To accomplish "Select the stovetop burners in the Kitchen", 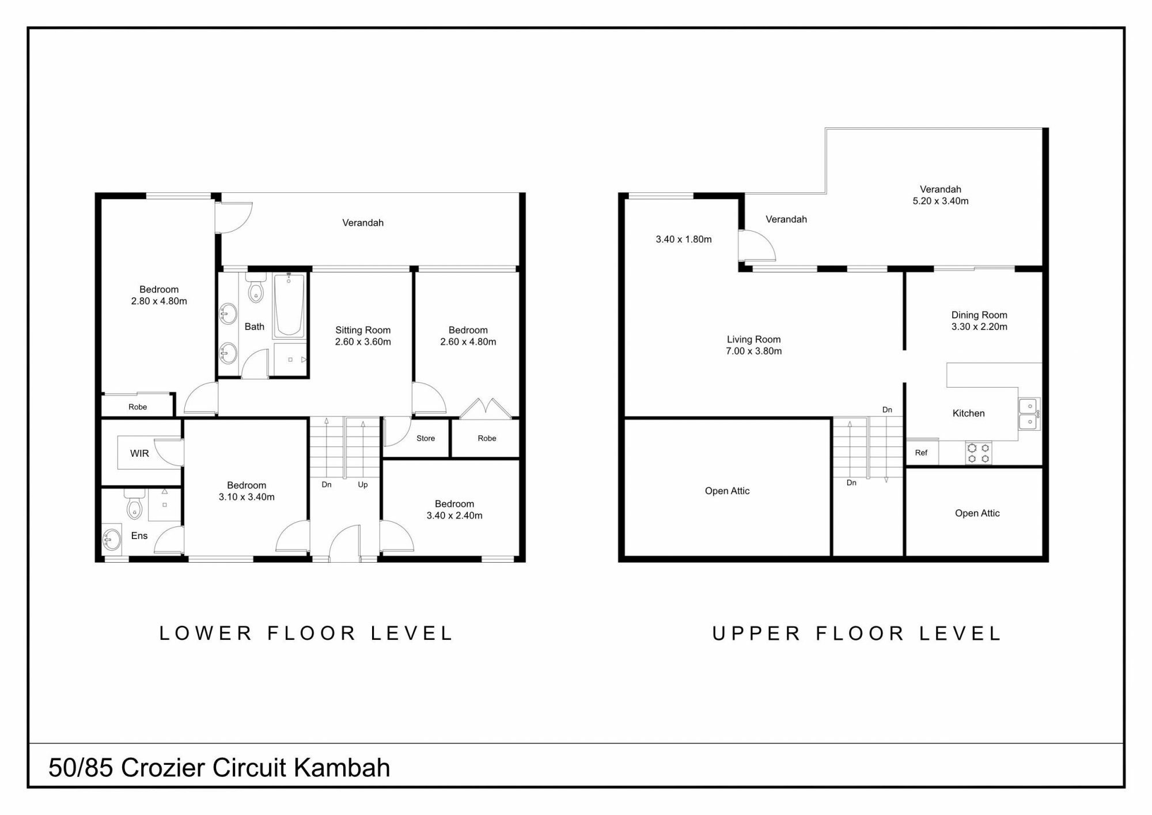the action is (x=979, y=453).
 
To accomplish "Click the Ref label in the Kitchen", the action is (x=921, y=453).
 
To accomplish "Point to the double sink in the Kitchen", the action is (x=1029, y=414).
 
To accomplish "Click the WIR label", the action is (x=139, y=453).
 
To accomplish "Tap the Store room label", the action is (x=426, y=438).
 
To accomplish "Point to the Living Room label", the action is (x=753, y=339).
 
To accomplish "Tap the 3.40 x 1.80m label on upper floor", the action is (x=684, y=239).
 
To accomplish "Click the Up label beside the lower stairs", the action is (x=363, y=484).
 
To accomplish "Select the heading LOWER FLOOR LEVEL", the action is (x=306, y=633).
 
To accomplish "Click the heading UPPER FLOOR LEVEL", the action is (x=857, y=634).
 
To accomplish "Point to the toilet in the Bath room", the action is (x=255, y=288).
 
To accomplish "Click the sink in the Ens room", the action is (x=112, y=540).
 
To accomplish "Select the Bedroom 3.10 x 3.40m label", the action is (x=247, y=491).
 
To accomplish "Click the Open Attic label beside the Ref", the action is (x=977, y=513).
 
